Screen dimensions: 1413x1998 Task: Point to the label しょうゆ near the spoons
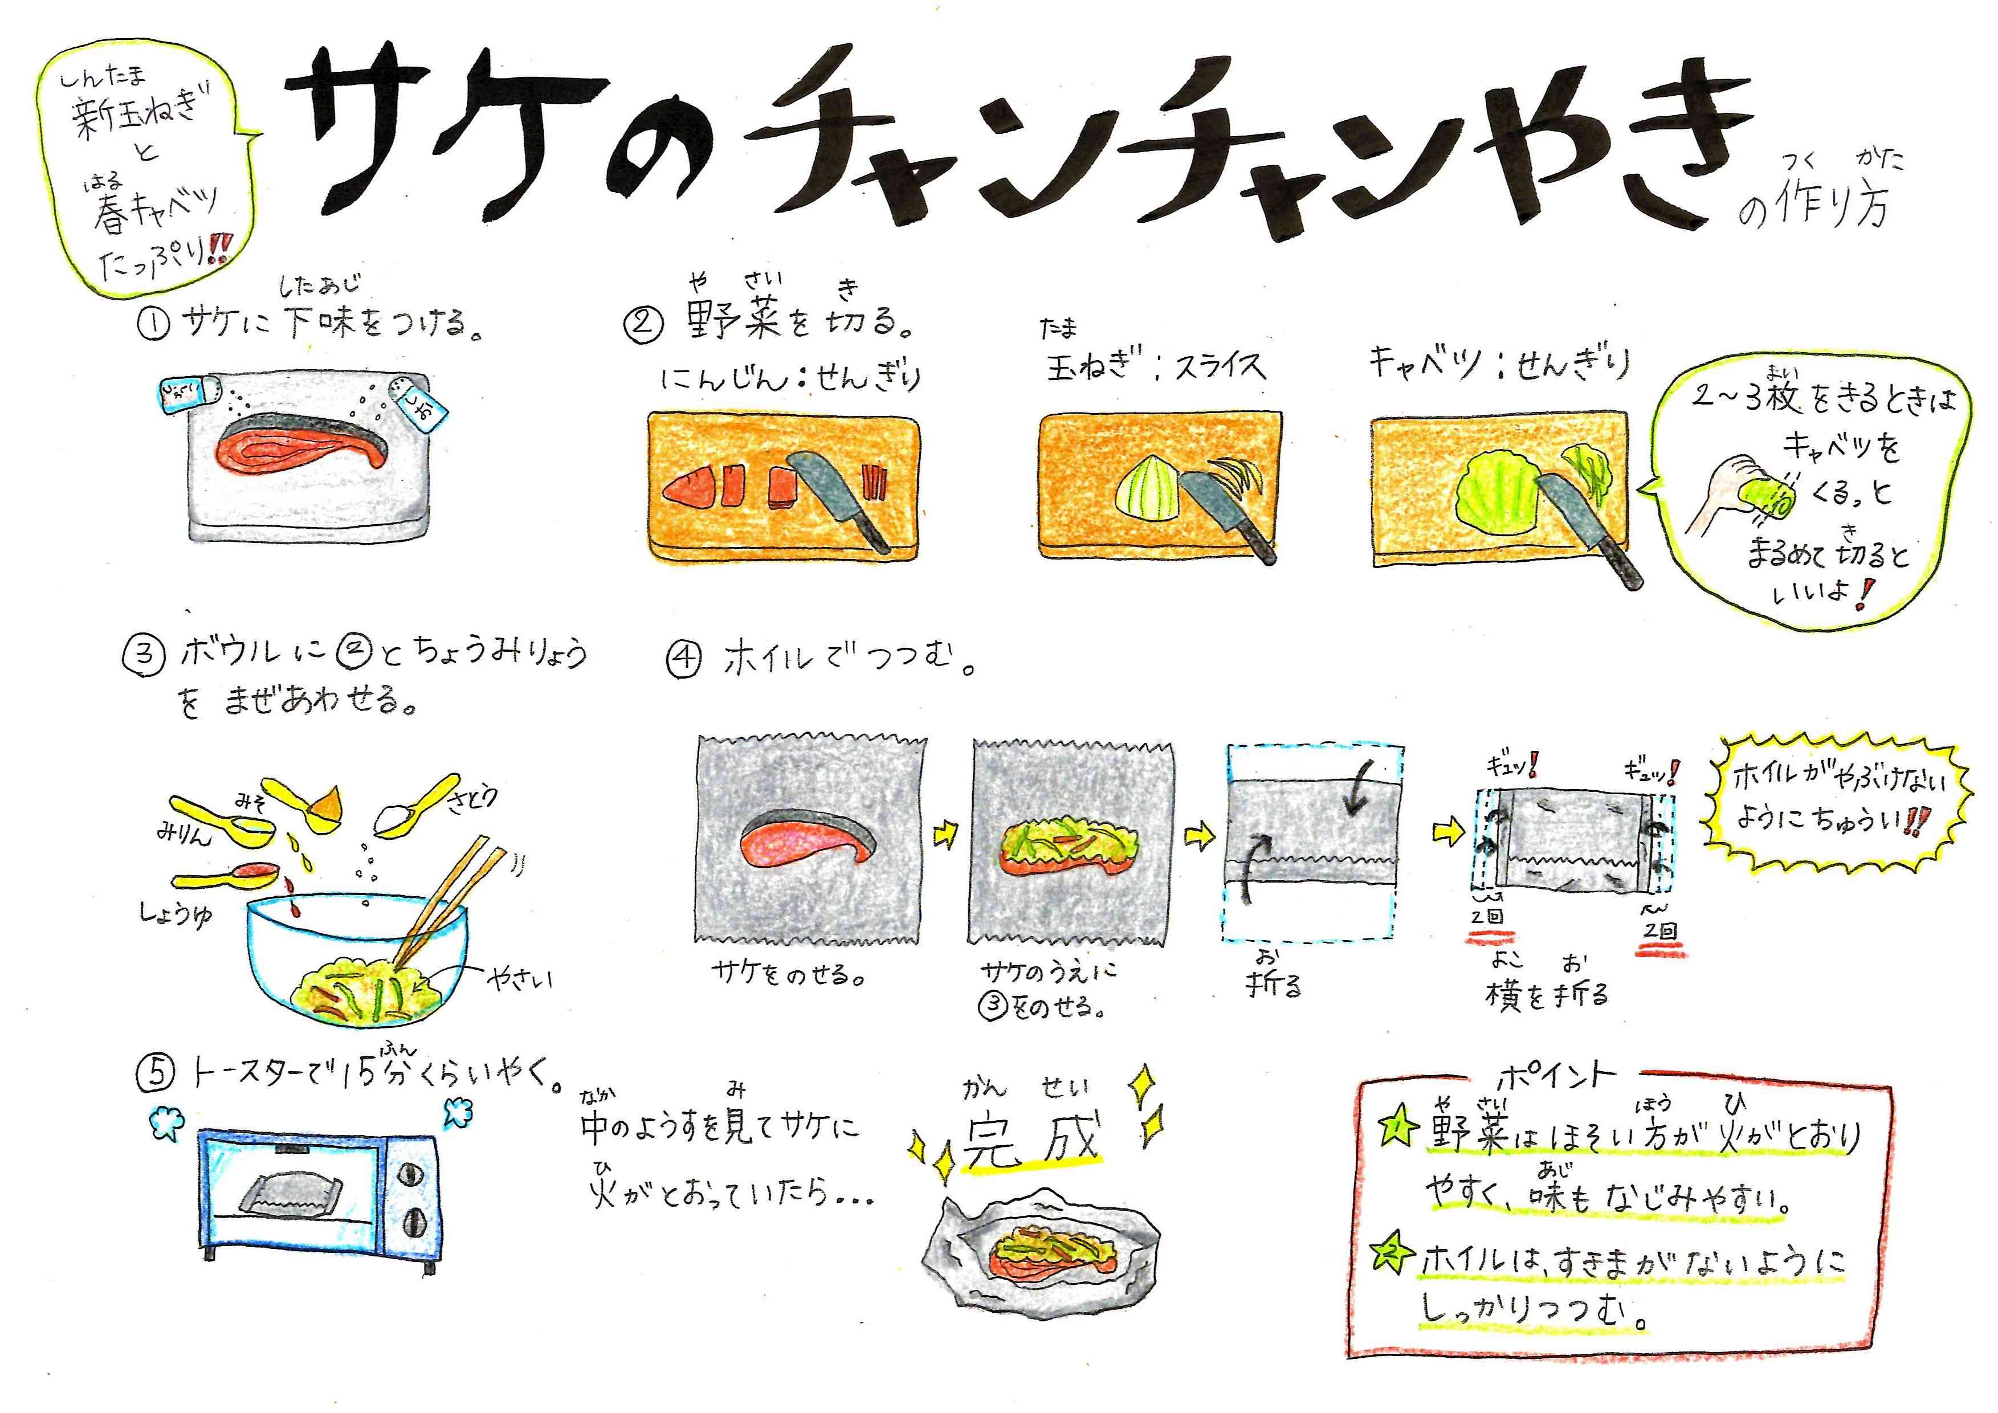[177, 913]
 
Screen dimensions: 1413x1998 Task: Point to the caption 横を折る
[1546, 993]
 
